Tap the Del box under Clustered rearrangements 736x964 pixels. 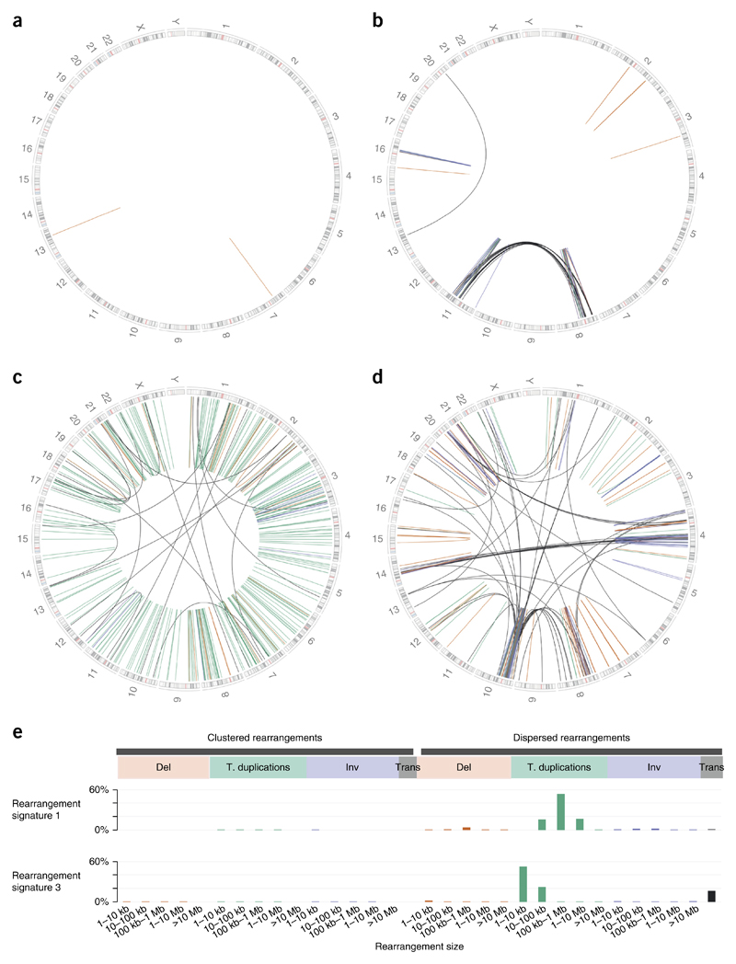coord(163,766)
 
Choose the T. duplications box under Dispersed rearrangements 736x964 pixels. coord(558,766)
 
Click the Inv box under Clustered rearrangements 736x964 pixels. coord(351,766)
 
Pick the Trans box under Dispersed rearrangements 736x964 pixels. coord(710,766)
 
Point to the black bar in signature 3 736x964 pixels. coord(710,896)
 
